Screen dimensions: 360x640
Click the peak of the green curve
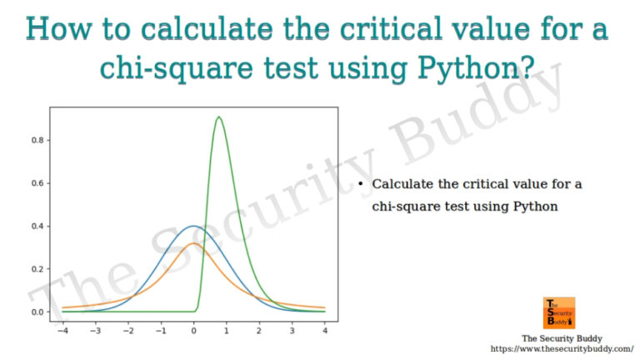(218, 117)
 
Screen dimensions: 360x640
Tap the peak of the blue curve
(193, 226)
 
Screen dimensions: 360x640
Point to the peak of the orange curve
(193, 244)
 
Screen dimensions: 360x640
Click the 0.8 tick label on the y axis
(37, 140)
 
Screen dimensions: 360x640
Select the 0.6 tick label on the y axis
(37, 183)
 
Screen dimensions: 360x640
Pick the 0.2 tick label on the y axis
(37, 269)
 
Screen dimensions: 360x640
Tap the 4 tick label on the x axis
(325, 330)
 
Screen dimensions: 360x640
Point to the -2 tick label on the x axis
(127, 330)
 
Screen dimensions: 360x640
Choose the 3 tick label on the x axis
(292, 330)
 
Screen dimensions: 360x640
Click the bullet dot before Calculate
(360, 183)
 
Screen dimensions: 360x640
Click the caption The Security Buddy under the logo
(557, 338)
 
